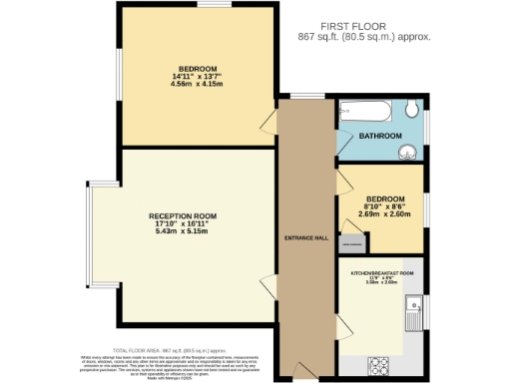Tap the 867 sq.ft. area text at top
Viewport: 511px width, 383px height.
point(364,37)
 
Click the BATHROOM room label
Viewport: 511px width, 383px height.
point(380,136)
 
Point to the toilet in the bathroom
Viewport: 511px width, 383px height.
point(413,111)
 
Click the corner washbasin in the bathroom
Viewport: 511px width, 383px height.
point(408,152)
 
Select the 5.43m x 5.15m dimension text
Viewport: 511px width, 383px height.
point(183,231)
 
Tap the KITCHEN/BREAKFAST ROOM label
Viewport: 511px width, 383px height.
point(380,271)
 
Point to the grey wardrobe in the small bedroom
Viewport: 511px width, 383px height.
point(351,242)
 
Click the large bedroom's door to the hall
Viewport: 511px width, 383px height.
point(268,124)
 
